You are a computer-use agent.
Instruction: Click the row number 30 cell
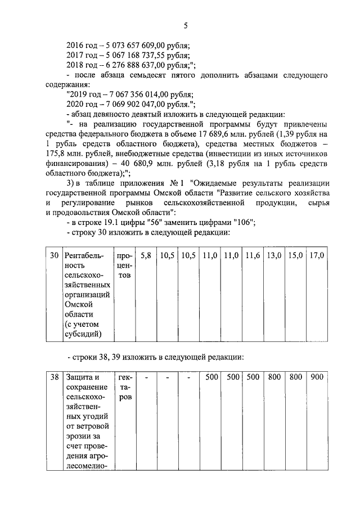point(54,256)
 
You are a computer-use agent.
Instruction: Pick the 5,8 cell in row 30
point(146,256)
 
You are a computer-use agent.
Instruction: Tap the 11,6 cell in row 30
point(253,256)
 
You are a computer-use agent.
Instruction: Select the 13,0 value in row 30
point(274,256)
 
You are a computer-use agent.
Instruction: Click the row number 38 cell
point(54,377)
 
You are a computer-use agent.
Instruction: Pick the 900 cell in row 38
point(317,377)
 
